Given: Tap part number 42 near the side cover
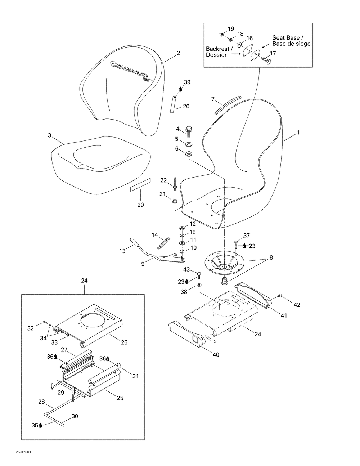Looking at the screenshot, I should point(297,305).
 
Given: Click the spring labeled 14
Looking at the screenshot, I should point(164,243).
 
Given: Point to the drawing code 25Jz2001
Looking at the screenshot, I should point(23,452).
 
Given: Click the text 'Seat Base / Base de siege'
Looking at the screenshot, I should point(291,41).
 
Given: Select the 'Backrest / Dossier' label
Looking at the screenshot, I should point(220,52).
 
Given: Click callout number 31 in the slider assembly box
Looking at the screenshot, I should point(135,376).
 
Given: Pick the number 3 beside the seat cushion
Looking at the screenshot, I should point(49,135).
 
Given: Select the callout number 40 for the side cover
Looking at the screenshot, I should point(216,355).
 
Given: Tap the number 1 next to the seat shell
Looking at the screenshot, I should point(298,133).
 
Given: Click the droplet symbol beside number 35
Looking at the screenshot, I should point(40,425).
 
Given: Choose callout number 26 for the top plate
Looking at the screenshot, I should point(124,342).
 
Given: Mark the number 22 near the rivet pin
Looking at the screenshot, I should point(163,180).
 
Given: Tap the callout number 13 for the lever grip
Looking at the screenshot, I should point(122,251).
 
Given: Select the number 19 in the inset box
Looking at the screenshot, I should point(231,28).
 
